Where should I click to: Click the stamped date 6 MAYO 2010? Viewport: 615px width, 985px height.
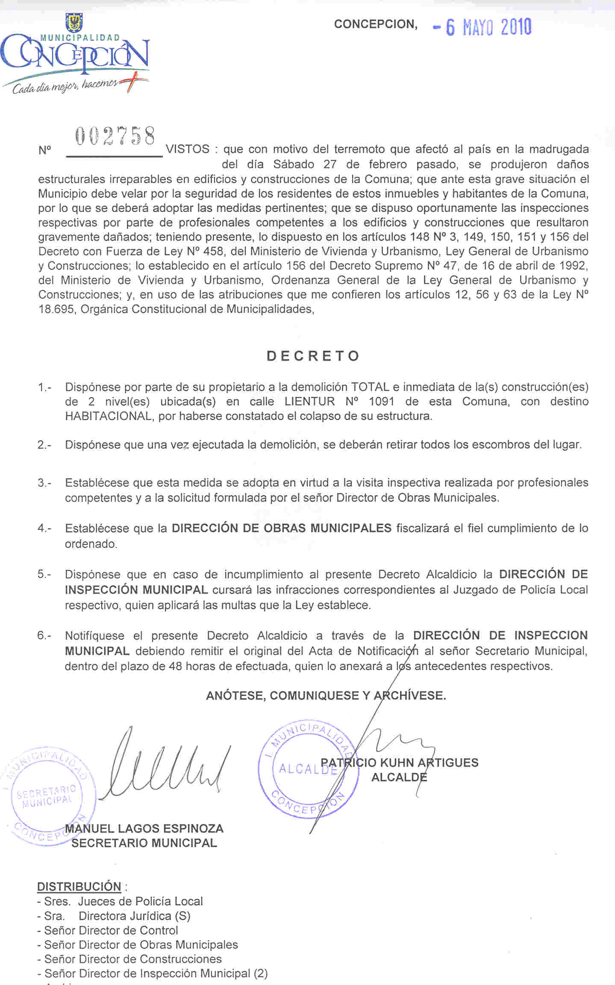pos(483,28)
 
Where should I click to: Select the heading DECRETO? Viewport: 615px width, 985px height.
pos(313,356)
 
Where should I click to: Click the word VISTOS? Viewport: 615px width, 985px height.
pos(188,149)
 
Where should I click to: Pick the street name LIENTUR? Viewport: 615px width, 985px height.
pos(310,402)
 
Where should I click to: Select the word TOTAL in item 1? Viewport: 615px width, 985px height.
pos(370,387)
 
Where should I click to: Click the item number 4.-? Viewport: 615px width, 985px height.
pos(44,528)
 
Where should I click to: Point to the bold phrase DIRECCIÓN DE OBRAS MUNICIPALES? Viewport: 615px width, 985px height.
pos(281,528)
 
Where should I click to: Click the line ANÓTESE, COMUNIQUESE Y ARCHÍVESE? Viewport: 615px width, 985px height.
pos(326,696)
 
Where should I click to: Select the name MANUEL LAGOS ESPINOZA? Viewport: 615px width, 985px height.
pos(144,829)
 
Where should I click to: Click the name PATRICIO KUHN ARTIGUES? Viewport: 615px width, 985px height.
pos(399,762)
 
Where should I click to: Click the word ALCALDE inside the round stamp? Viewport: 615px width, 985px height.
pos(307,769)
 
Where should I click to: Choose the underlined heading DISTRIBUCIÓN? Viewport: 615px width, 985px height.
pos(79,887)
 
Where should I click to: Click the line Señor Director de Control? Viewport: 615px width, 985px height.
pos(111,930)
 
